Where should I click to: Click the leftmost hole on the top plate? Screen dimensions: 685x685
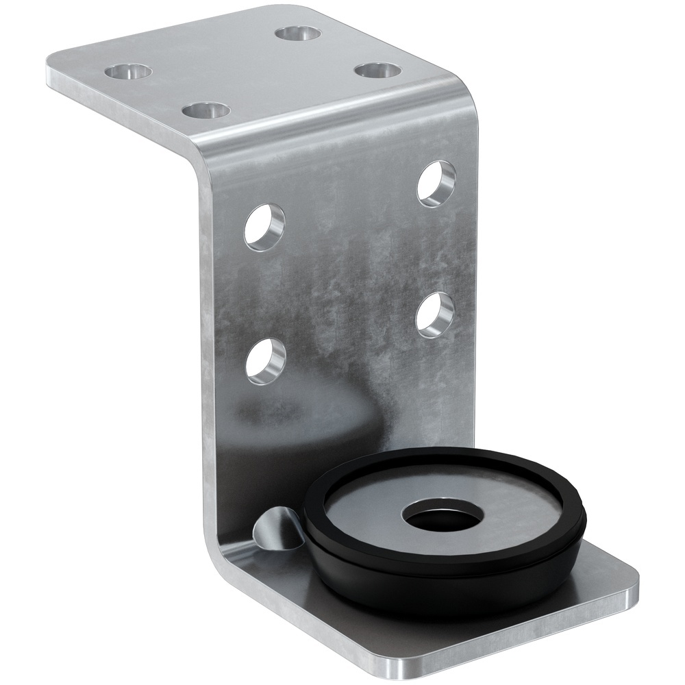pos(128,71)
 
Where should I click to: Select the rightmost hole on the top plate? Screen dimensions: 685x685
pos(377,71)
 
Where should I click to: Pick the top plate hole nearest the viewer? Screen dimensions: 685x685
pos(206,110)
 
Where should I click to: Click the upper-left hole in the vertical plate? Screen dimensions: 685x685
pos(265,225)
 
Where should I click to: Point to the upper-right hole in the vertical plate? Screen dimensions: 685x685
pos(436,183)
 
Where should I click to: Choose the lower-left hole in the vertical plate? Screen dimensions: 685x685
pos(265,359)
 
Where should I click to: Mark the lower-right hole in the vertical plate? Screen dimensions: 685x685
pos(436,314)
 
